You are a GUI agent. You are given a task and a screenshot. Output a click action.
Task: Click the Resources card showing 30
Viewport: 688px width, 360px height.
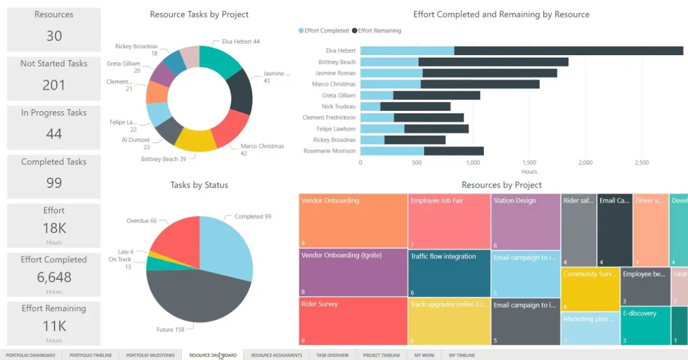(x=54, y=29)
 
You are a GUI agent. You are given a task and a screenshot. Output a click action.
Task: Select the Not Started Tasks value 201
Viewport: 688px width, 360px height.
(x=54, y=85)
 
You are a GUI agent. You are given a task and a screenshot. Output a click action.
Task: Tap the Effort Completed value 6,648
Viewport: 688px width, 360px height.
(x=54, y=277)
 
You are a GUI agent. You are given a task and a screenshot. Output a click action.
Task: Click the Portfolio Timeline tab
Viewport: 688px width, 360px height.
(x=91, y=355)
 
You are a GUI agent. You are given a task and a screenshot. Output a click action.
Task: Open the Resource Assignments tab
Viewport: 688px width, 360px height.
(x=276, y=355)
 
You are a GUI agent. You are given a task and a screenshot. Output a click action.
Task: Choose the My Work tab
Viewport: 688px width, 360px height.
(x=424, y=355)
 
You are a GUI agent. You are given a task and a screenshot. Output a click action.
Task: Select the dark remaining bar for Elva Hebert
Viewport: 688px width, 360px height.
(x=568, y=50)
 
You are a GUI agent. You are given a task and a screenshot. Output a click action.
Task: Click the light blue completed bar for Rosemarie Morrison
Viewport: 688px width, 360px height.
(x=392, y=151)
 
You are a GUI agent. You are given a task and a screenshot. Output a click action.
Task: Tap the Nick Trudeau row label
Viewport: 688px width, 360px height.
(x=338, y=107)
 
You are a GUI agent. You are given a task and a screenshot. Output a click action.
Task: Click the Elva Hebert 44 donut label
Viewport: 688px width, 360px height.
(x=241, y=42)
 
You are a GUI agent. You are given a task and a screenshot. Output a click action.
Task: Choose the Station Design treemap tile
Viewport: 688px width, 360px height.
(x=525, y=221)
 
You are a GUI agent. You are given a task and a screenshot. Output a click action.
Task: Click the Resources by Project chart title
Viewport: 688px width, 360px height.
(x=501, y=185)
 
